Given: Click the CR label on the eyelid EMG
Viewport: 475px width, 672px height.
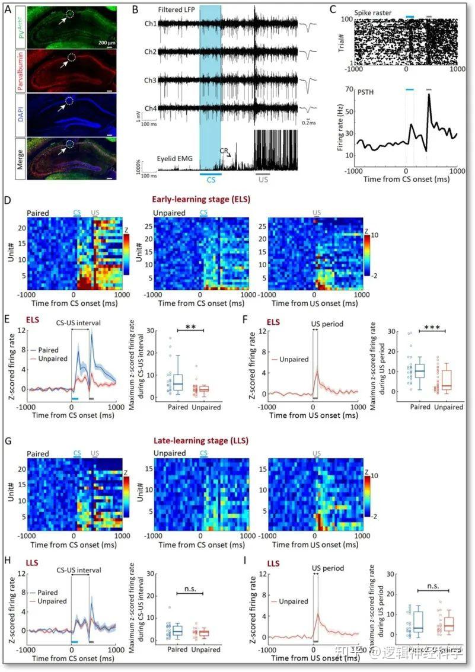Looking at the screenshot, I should point(225,153).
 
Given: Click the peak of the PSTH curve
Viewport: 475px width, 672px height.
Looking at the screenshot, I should point(429,95).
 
